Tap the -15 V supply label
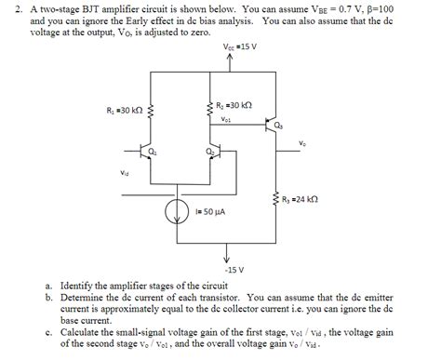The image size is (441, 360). pyautogui.click(x=234, y=270)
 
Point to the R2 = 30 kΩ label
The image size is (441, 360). pyautogui.click(x=234, y=106)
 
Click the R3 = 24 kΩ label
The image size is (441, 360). pyautogui.click(x=300, y=197)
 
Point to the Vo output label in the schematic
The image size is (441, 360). pyautogui.click(x=303, y=142)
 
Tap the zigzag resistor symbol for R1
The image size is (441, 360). pyautogui.click(x=151, y=113)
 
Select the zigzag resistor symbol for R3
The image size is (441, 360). pyautogui.click(x=276, y=198)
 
